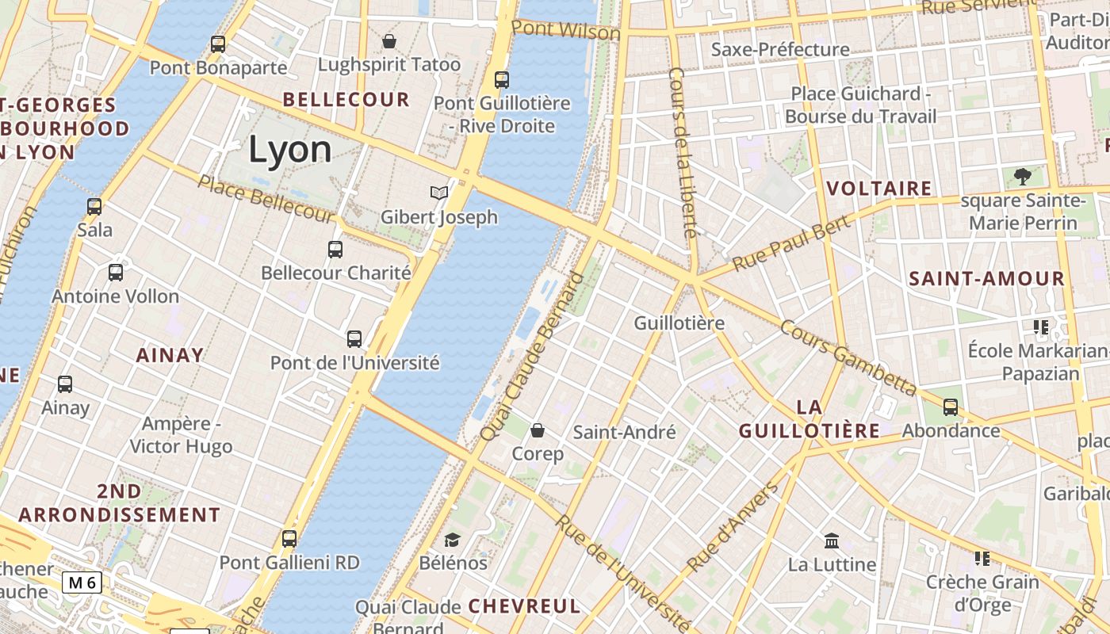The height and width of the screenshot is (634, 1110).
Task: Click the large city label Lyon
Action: [x=290, y=149]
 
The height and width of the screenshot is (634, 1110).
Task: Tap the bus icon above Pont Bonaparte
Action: [x=218, y=44]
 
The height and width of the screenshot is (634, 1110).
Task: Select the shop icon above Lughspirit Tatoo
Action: [x=389, y=40]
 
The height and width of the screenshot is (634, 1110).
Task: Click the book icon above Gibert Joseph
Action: [x=438, y=193]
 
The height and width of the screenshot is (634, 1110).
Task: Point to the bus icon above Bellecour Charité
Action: [x=335, y=249]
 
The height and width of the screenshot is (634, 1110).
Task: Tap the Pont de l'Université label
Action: [x=354, y=363]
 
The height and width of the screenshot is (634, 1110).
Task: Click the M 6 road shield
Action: [x=82, y=583]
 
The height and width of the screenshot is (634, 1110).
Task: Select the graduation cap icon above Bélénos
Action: [x=452, y=540]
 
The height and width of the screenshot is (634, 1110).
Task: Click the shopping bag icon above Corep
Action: [x=538, y=430]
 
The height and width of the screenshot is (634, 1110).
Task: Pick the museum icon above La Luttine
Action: [x=832, y=541]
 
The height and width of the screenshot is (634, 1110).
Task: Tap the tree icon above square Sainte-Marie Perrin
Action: [x=1023, y=176]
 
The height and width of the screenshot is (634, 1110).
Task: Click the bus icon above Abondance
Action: [x=951, y=407]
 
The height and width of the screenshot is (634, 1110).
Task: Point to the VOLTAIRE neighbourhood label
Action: [x=879, y=189]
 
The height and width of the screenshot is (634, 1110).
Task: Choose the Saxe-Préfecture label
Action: [x=780, y=50]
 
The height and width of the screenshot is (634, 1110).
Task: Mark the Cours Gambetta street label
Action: [x=848, y=357]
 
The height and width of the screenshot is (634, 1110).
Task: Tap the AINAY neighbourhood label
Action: [x=170, y=355]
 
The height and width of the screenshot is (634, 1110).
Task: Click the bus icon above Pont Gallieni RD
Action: [x=289, y=539]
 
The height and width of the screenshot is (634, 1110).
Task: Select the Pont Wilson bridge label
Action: [x=565, y=30]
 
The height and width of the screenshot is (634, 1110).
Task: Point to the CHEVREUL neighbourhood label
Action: [x=524, y=606]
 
